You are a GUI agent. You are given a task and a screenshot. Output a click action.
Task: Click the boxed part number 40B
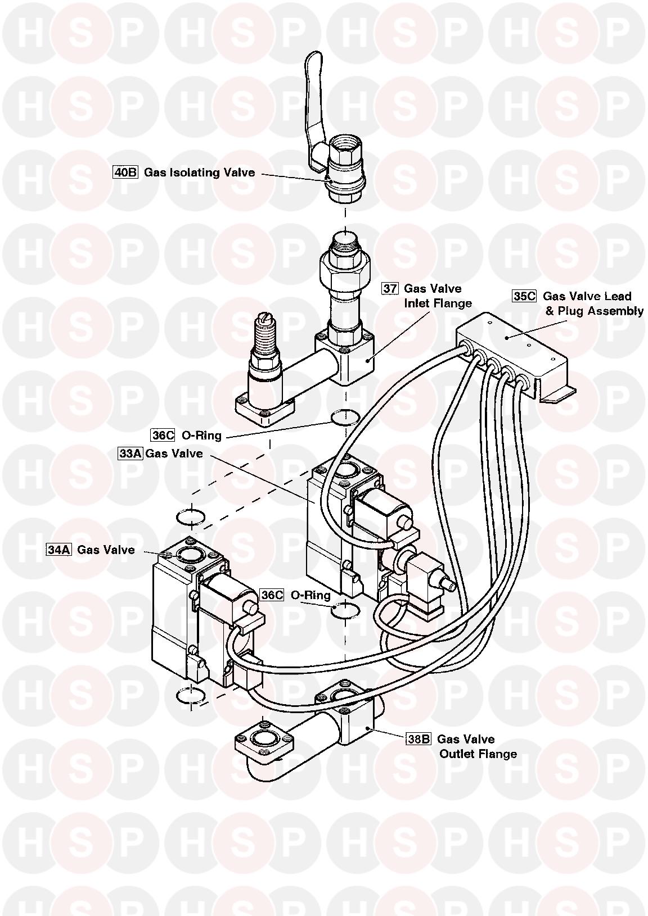click(x=125, y=173)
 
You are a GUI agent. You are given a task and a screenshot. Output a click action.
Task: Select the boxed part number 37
click(x=390, y=289)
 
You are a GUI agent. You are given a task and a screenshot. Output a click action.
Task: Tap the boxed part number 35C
click(x=524, y=296)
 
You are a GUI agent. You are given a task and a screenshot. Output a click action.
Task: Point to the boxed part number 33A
click(x=130, y=454)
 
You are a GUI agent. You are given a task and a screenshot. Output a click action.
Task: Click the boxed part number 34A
click(x=58, y=550)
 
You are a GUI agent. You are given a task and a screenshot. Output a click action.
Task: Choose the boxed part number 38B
click(x=418, y=740)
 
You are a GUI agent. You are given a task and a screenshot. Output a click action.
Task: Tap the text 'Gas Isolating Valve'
click(x=200, y=173)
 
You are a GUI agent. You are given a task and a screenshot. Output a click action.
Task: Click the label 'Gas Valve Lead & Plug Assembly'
click(x=593, y=303)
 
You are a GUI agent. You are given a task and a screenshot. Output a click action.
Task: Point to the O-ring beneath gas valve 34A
click(x=190, y=696)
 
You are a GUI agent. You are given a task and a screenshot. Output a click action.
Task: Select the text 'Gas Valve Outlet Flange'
click(x=477, y=747)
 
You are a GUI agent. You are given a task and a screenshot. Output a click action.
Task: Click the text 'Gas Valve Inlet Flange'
click(x=438, y=296)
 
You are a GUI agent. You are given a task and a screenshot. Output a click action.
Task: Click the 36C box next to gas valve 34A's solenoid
click(x=272, y=595)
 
